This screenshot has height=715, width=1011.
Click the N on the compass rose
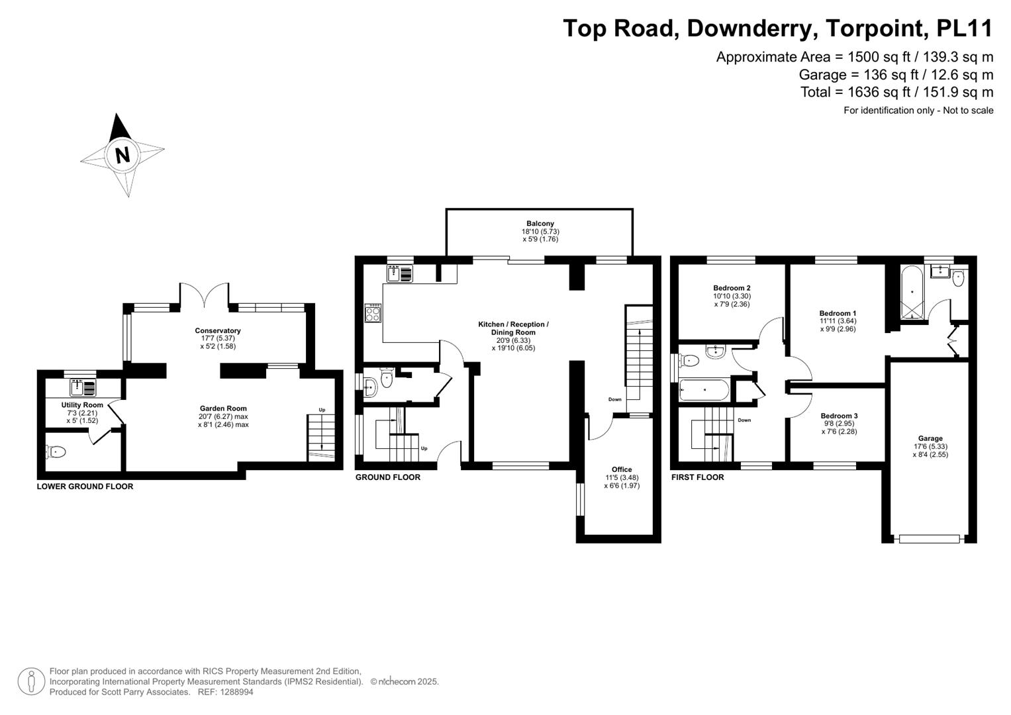pyautogui.click(x=122, y=155)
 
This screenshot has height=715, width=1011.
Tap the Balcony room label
pyautogui.click(x=540, y=224)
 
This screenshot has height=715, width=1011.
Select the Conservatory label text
pyautogui.click(x=217, y=330)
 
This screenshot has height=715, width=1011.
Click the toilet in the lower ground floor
pyautogui.click(x=57, y=452)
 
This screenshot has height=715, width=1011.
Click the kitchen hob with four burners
pyautogui.click(x=373, y=312)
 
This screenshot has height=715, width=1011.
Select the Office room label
pyautogui.click(x=621, y=469)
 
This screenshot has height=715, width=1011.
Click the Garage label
pyautogui.click(x=930, y=438)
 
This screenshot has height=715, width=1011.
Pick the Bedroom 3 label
pyautogui.click(x=839, y=416)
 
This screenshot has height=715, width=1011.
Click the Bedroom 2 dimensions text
pyautogui.click(x=732, y=300)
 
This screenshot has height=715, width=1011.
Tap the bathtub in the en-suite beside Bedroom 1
pyautogui.click(x=912, y=292)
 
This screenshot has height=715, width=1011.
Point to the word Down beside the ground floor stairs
pyautogui.click(x=615, y=399)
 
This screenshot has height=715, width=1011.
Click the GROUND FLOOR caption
pyautogui.click(x=387, y=477)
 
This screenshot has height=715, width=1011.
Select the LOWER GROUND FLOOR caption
pyautogui.click(x=85, y=487)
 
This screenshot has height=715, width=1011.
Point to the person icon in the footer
pyautogui.click(x=31, y=681)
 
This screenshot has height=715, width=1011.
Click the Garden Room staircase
pyautogui.click(x=321, y=437)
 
